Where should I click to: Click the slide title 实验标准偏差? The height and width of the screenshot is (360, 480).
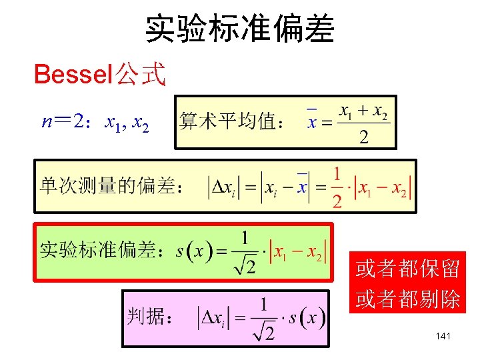(240, 29)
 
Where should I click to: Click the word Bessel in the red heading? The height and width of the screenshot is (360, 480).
(74, 75)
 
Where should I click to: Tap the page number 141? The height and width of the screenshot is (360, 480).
(443, 336)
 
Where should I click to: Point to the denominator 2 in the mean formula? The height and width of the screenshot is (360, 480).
(363, 138)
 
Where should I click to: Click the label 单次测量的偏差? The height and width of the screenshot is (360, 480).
(111, 186)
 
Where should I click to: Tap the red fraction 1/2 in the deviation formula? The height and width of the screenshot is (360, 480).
(337, 187)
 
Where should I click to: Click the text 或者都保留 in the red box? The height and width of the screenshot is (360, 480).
(407, 269)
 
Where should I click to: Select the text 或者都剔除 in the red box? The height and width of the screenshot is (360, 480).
(407, 299)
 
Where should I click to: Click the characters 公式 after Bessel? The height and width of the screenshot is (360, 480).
(140, 75)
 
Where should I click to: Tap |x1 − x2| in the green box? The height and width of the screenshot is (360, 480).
(297, 252)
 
